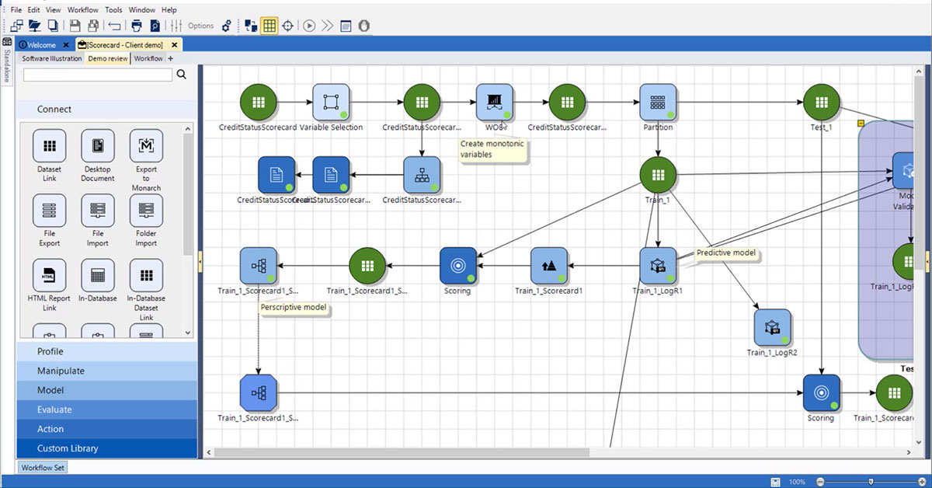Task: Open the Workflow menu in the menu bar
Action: pyautogui.click(x=82, y=10)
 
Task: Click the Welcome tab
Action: pyautogui.click(x=42, y=45)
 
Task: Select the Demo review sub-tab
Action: pyautogui.click(x=108, y=58)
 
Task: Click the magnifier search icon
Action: pyautogui.click(x=182, y=75)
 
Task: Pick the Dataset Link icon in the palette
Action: pyautogui.click(x=49, y=146)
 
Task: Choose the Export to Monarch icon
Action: pyautogui.click(x=146, y=146)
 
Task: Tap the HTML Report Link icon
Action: pyautogui.click(x=49, y=276)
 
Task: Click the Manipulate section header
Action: pyautogui.click(x=61, y=371)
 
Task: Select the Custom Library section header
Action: pyautogui.click(x=68, y=448)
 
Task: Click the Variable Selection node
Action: pyautogui.click(x=331, y=103)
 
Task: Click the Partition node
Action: pyautogui.click(x=658, y=103)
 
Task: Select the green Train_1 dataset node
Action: pyautogui.click(x=658, y=175)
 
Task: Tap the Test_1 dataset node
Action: pyautogui.click(x=821, y=103)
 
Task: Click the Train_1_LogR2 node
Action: pyautogui.click(x=772, y=327)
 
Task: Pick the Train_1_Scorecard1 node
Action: pyautogui.click(x=549, y=266)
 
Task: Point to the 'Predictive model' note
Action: pyautogui.click(x=725, y=253)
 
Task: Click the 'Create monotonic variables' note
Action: pyautogui.click(x=492, y=149)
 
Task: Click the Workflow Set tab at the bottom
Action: pyautogui.click(x=43, y=468)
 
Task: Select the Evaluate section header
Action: pyautogui.click(x=54, y=410)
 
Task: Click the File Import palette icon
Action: pyautogui.click(x=98, y=211)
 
